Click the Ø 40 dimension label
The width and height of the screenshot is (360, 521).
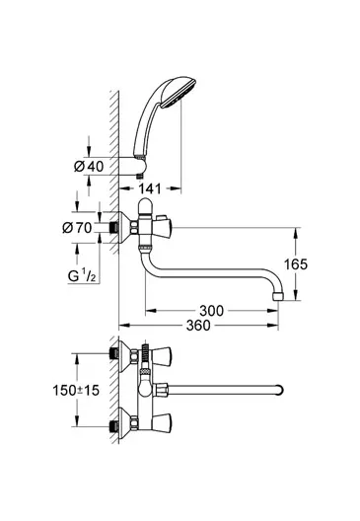pyautogui.click(x=89, y=166)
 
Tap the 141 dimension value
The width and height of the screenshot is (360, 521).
pyautogui.click(x=149, y=188)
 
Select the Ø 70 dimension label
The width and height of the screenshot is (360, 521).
pyautogui.click(x=77, y=228)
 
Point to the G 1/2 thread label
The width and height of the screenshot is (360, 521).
pyautogui.click(x=81, y=275)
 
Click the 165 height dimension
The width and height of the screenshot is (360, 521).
pyautogui.click(x=295, y=264)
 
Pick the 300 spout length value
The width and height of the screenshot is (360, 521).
pyautogui.click(x=211, y=311)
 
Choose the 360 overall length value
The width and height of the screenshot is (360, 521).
pyautogui.click(x=198, y=326)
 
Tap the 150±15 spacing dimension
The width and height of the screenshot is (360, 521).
pyautogui.click(x=76, y=390)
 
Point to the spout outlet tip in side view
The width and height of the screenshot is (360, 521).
pyautogui.click(x=278, y=296)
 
